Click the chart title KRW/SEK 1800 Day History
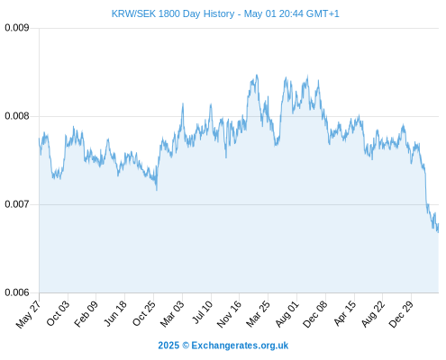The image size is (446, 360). (173, 13)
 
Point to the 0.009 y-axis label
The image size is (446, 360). (17, 28)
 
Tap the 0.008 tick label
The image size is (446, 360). (17, 116)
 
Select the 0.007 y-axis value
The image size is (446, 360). (17, 204)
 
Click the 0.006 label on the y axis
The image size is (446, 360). (17, 292)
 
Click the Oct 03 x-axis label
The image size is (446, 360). (58, 313)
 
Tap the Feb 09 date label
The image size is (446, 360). (86, 313)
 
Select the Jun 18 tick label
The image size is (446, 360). (115, 313)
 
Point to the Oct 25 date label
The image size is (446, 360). (144, 313)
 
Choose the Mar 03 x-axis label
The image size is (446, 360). (172, 313)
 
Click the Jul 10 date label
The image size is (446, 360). (203, 312)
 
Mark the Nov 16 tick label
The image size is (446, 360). (229, 314)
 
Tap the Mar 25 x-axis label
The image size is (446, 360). (258, 313)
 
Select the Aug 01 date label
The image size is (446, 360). (287, 313)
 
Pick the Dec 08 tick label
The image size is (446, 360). (315, 314)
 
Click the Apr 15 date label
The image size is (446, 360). (345, 313)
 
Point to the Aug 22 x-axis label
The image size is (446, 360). (373, 313)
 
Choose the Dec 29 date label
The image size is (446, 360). (401, 314)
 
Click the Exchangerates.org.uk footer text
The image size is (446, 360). (240, 346)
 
